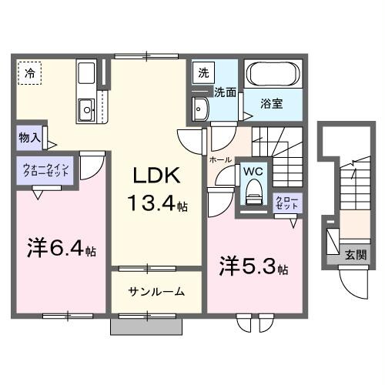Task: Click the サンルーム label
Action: [x=156, y=292]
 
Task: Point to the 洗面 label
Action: [x=225, y=92]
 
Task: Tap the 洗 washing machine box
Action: [x=203, y=74]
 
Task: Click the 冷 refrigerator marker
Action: [x=29, y=74]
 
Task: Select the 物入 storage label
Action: [x=28, y=139]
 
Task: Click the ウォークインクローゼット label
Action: [x=47, y=170]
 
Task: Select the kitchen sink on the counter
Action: [x=86, y=107]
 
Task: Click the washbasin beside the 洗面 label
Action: [x=201, y=107]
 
